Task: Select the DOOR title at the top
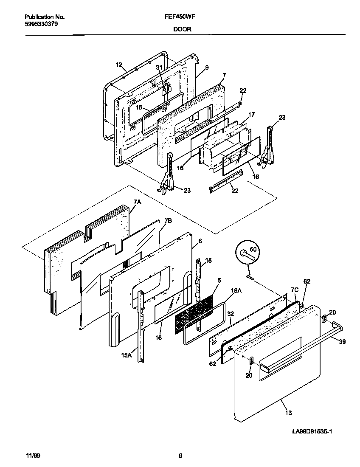click(x=182, y=29)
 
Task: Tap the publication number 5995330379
click(x=42, y=24)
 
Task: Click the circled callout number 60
click(x=253, y=249)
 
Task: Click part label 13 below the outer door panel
click(x=288, y=412)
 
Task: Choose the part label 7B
click(x=168, y=221)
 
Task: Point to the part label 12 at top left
click(x=118, y=65)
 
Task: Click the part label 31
click(x=159, y=68)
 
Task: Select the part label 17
click(x=251, y=114)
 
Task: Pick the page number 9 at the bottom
click(x=180, y=456)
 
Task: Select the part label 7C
click(x=294, y=290)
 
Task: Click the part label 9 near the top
click(x=207, y=67)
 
